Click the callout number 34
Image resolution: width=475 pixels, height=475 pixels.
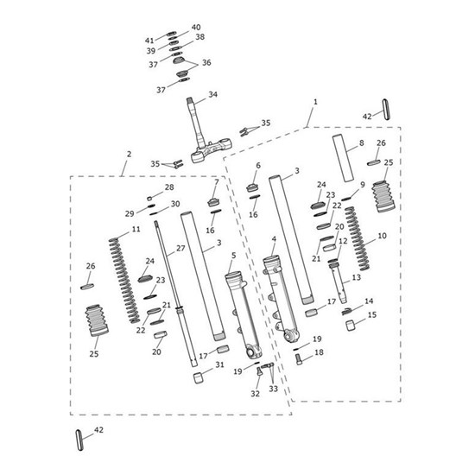[x=212, y=94]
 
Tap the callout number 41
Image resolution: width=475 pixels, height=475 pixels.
[x=149, y=41]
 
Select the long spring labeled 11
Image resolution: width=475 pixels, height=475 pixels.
[x=124, y=281]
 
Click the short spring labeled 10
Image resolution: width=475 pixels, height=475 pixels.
[x=357, y=238]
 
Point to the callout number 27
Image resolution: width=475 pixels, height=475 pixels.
[x=180, y=249]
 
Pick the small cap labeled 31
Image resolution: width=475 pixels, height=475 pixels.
[x=199, y=378]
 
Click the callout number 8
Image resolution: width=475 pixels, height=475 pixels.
[x=361, y=142]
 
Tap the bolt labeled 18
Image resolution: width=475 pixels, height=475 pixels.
[x=299, y=359]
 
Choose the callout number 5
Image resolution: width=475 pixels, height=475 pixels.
[x=233, y=256]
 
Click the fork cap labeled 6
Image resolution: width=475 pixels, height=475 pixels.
[x=253, y=187]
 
